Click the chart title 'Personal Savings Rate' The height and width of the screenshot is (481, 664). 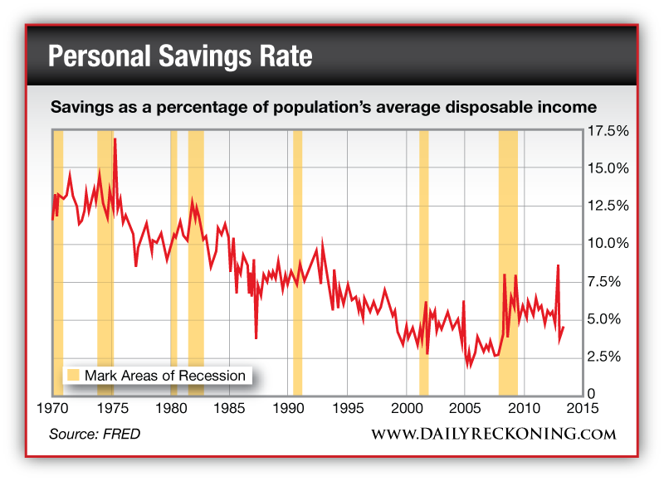point(180,57)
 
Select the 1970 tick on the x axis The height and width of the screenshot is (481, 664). point(53,408)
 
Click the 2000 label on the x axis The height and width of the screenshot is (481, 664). point(407,408)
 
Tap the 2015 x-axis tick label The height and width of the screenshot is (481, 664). point(583,408)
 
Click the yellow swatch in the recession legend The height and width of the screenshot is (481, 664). point(73,376)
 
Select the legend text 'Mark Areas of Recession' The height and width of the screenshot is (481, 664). point(165,376)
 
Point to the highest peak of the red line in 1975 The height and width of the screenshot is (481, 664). point(115,139)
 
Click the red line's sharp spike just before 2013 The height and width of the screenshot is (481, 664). point(558,265)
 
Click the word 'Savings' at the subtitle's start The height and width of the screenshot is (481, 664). point(80,108)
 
